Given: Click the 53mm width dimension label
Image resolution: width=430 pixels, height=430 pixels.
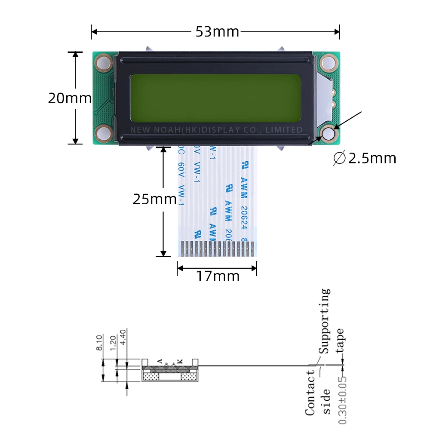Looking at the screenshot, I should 217,32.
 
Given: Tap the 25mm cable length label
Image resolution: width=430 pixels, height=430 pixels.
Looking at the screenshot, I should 154,200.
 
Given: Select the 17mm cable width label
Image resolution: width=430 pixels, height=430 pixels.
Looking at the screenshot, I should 218,276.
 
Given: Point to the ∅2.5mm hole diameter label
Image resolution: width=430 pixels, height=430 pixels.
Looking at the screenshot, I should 364,158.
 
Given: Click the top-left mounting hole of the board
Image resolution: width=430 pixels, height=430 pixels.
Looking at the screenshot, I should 104,63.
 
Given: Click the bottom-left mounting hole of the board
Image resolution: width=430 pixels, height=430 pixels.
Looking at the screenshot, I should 104,133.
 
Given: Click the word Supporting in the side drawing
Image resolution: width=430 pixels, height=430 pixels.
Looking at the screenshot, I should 325,320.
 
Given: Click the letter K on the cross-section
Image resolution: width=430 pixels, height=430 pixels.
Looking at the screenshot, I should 180,362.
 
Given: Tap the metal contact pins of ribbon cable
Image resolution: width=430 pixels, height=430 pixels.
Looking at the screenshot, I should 217,249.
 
